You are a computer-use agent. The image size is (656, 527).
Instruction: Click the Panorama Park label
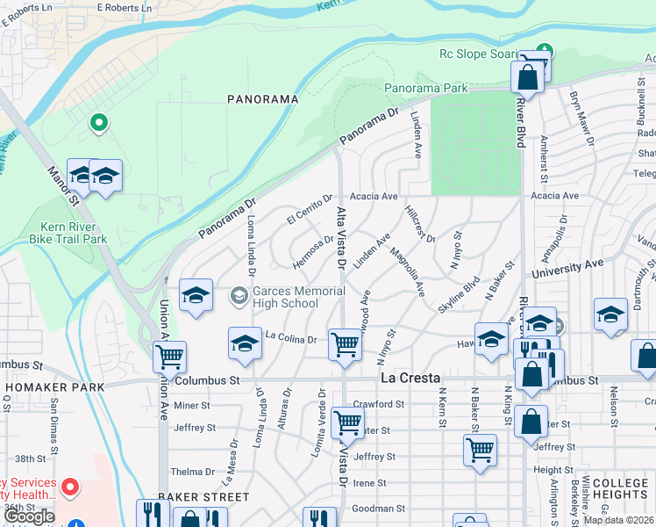(x=425, y=89)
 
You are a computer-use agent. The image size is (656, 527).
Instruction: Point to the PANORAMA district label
(x=263, y=99)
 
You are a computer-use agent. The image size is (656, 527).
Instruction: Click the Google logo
(x=29, y=516)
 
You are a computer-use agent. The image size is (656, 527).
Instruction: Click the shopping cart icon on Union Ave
(x=168, y=357)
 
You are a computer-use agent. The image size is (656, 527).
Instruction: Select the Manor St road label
(x=63, y=187)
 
